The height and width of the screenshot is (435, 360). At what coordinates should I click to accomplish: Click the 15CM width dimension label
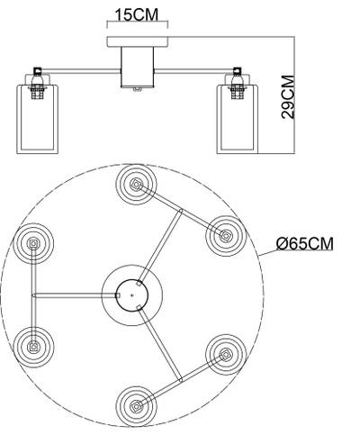coord(137,14)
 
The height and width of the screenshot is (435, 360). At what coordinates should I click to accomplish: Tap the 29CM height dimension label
coord(288,96)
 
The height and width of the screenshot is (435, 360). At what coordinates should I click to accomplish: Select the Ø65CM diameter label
coord(304,243)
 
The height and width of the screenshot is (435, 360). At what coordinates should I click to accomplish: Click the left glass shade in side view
coord(37,119)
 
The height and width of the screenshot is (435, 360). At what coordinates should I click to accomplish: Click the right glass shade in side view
coord(238,119)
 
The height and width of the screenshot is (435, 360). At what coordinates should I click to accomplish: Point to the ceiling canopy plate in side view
coord(138,41)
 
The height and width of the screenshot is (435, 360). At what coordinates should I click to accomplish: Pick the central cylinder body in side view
coord(138,67)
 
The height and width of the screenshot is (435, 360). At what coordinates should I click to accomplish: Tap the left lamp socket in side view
coord(37,84)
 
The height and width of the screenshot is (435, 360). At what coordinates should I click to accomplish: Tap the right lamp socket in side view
coord(238,84)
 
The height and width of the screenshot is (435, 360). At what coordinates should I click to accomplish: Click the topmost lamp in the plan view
coord(137,185)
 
